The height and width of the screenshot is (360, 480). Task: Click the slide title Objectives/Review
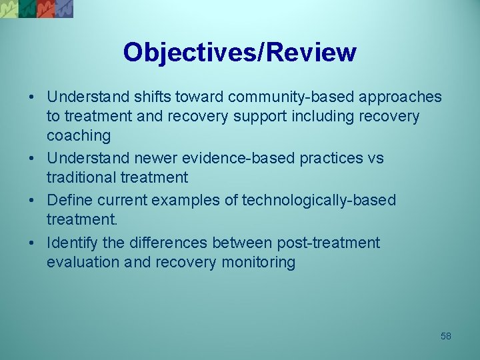(240, 52)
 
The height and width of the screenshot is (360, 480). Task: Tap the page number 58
(446, 336)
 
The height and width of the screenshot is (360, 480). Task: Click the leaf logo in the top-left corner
(37, 9)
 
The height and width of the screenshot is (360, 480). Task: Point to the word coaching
(79, 136)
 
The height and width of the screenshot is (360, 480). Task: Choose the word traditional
(81, 177)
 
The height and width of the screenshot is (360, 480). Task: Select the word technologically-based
(319, 200)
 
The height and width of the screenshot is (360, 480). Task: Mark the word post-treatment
(326, 243)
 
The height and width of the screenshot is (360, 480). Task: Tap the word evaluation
(82, 263)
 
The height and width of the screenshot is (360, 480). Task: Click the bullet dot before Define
(32, 201)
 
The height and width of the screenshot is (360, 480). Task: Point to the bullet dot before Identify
(32, 243)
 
